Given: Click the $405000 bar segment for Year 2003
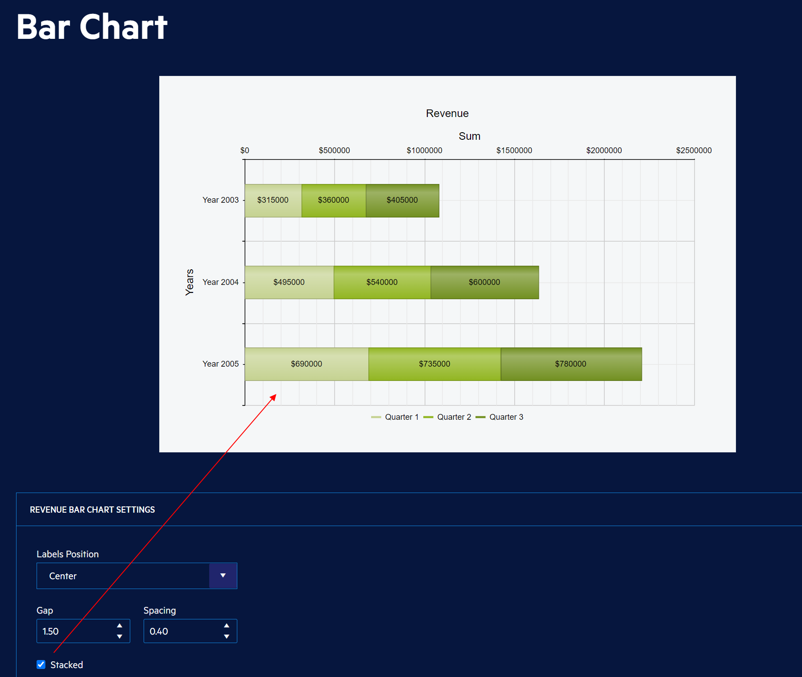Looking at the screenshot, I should [x=402, y=201].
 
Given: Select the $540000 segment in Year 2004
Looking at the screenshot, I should [x=382, y=282].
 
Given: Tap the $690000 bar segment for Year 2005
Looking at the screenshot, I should [x=306, y=364].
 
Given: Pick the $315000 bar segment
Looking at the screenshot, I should [x=273, y=201].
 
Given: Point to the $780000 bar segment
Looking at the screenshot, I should [x=570, y=364].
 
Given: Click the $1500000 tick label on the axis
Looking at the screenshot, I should [x=514, y=150].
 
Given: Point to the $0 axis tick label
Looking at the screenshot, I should [x=244, y=150].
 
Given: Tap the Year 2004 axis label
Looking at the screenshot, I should [x=220, y=282].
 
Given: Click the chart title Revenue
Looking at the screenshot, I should [x=447, y=113].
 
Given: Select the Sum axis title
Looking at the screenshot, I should [x=469, y=136].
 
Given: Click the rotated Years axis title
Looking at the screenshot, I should [x=190, y=282].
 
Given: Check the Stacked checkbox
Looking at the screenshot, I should [x=41, y=664].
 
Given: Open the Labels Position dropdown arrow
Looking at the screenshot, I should [x=223, y=576].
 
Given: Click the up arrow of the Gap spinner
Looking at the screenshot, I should [x=120, y=626].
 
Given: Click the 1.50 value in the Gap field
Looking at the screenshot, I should [x=51, y=631].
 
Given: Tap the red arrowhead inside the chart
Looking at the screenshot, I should [x=273, y=397].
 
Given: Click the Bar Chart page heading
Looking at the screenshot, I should [x=92, y=27].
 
